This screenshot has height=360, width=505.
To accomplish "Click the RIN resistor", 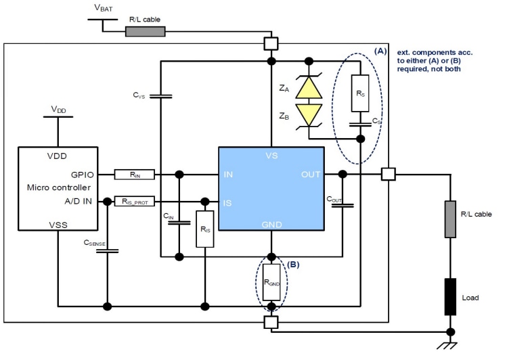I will coord(135,175).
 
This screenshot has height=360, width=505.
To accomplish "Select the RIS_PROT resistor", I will coord(135,201).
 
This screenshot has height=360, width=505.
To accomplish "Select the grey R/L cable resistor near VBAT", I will coord(146,31).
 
